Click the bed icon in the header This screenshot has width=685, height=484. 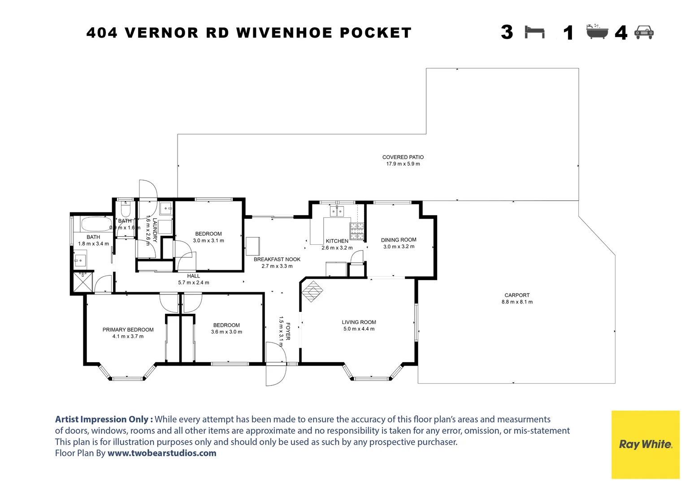534,32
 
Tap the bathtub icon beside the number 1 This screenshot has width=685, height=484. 597,32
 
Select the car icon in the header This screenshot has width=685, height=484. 644,32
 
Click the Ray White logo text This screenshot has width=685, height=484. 645,444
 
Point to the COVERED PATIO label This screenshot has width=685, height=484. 403,157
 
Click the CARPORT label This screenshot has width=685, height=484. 517,295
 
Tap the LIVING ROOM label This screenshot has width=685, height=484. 359,322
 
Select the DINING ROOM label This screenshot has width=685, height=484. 399,240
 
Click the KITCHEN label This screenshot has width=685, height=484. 337,241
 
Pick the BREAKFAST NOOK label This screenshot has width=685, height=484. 277,259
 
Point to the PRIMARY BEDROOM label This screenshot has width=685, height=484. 128,330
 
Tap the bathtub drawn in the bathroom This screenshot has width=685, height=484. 96,224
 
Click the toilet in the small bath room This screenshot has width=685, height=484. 125,210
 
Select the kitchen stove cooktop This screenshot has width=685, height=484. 357,230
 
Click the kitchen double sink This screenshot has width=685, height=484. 337,211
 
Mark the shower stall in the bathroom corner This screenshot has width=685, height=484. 82,282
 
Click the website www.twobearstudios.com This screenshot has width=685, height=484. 162,453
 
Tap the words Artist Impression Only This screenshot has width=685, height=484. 104,419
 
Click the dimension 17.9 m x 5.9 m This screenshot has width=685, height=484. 403,164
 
